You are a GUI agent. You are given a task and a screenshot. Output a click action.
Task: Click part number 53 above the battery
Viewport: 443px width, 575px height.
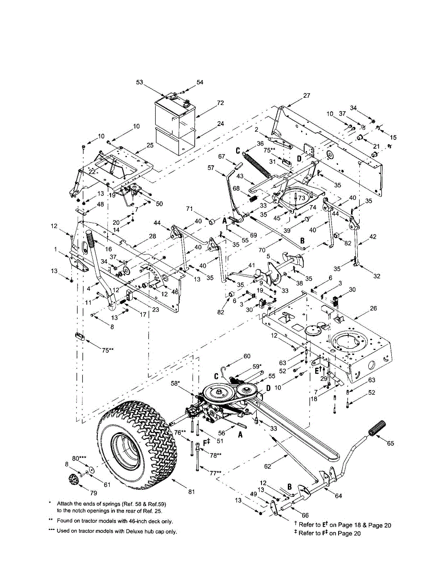[140, 82]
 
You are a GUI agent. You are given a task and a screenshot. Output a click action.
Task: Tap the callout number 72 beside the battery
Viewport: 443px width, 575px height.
[220, 103]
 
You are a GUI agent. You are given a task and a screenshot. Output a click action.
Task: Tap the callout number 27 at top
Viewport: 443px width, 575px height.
[307, 95]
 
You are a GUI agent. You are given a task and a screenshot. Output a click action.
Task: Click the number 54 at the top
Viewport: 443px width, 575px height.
[199, 82]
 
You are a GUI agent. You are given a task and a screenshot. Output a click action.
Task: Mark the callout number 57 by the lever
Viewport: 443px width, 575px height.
[211, 168]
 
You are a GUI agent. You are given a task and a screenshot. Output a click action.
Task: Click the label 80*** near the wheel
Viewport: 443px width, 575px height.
[80, 458]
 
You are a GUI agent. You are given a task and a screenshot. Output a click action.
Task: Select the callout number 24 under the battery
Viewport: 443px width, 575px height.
[220, 123]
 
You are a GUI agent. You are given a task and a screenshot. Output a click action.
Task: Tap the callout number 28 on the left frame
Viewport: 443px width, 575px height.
[152, 236]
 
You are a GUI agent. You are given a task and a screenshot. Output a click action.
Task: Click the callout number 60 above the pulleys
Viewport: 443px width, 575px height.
[247, 356]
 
